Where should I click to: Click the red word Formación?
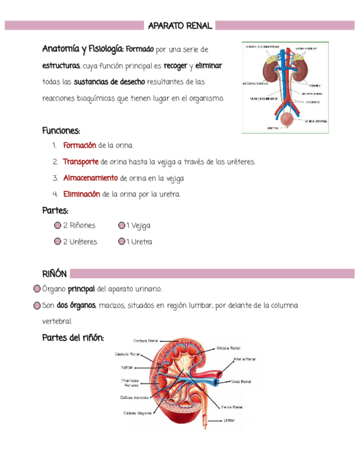(80, 146)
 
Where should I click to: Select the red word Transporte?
(80, 162)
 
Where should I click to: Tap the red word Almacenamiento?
(90, 179)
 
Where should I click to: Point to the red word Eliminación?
(81, 195)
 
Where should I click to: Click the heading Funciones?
(61, 131)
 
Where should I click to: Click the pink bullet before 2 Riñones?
(57, 225)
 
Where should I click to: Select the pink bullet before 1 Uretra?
(121, 242)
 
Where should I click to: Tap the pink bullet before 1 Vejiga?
(121, 225)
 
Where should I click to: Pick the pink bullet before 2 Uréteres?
(57, 242)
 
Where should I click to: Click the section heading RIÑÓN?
(54, 274)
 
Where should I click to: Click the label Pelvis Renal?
(232, 407)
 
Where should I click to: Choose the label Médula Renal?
(228, 348)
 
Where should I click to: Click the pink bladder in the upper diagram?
(286, 118)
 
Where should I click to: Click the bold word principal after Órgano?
(81, 289)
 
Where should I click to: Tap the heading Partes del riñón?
(73, 337)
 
